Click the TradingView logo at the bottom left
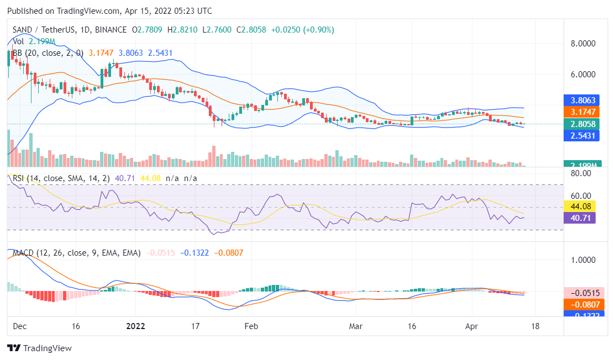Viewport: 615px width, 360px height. [39, 348]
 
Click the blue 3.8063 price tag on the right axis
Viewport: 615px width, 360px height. [581, 100]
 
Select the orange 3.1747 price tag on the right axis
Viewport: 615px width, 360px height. [581, 112]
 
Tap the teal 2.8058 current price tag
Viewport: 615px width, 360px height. [581, 124]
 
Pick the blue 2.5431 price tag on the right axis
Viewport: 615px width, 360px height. [581, 135]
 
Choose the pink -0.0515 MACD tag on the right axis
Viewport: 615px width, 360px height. [581, 293]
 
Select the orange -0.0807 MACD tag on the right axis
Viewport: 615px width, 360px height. [581, 304]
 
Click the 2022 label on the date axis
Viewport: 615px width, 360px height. [135, 326]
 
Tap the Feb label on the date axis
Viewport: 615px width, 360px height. [251, 326]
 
